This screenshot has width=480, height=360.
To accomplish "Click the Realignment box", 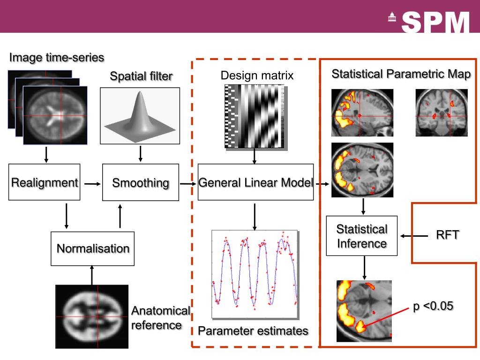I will pos(45,182).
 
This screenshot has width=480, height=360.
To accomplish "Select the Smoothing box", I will pos(140,182).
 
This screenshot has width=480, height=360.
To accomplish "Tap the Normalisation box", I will pos(92,248).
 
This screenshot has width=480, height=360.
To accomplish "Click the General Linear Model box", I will pos(255,182).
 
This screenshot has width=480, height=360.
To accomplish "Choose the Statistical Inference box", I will pos(361,236).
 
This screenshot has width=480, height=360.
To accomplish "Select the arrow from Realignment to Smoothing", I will pos(92,184).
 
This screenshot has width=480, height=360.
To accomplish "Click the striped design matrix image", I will pos(255,116).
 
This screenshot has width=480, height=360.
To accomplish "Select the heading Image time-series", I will pos(57,58).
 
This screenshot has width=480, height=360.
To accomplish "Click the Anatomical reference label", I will pos(160,317).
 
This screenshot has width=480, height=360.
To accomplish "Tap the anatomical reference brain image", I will pos(92,316).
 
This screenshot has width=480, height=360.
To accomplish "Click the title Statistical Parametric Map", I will pos(401,74).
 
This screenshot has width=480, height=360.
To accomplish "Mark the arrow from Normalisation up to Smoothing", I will pos(120,216).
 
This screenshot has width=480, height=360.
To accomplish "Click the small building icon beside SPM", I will pos(392,17).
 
